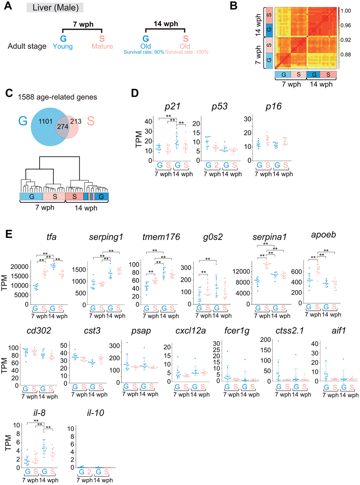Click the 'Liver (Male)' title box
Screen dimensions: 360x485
click(55, 8)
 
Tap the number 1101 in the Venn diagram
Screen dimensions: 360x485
click(46, 121)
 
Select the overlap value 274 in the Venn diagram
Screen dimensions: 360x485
click(63, 127)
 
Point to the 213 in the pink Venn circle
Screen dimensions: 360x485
click(76, 121)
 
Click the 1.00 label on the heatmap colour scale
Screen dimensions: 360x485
click(346, 11)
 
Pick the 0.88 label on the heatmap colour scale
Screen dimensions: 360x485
click(346, 54)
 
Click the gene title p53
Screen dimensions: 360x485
click(220, 107)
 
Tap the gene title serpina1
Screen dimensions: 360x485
click(269, 237)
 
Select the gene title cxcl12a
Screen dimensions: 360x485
click(191, 331)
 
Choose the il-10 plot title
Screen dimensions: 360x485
click(95, 413)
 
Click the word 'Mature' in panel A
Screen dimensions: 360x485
click(102, 46)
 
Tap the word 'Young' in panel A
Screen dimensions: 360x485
click(63, 47)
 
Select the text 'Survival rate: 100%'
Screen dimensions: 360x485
click(187, 52)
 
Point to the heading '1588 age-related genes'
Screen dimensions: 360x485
click(57, 97)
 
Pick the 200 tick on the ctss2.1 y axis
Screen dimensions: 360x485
click(266, 340)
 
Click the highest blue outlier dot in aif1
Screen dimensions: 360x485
click(326, 348)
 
